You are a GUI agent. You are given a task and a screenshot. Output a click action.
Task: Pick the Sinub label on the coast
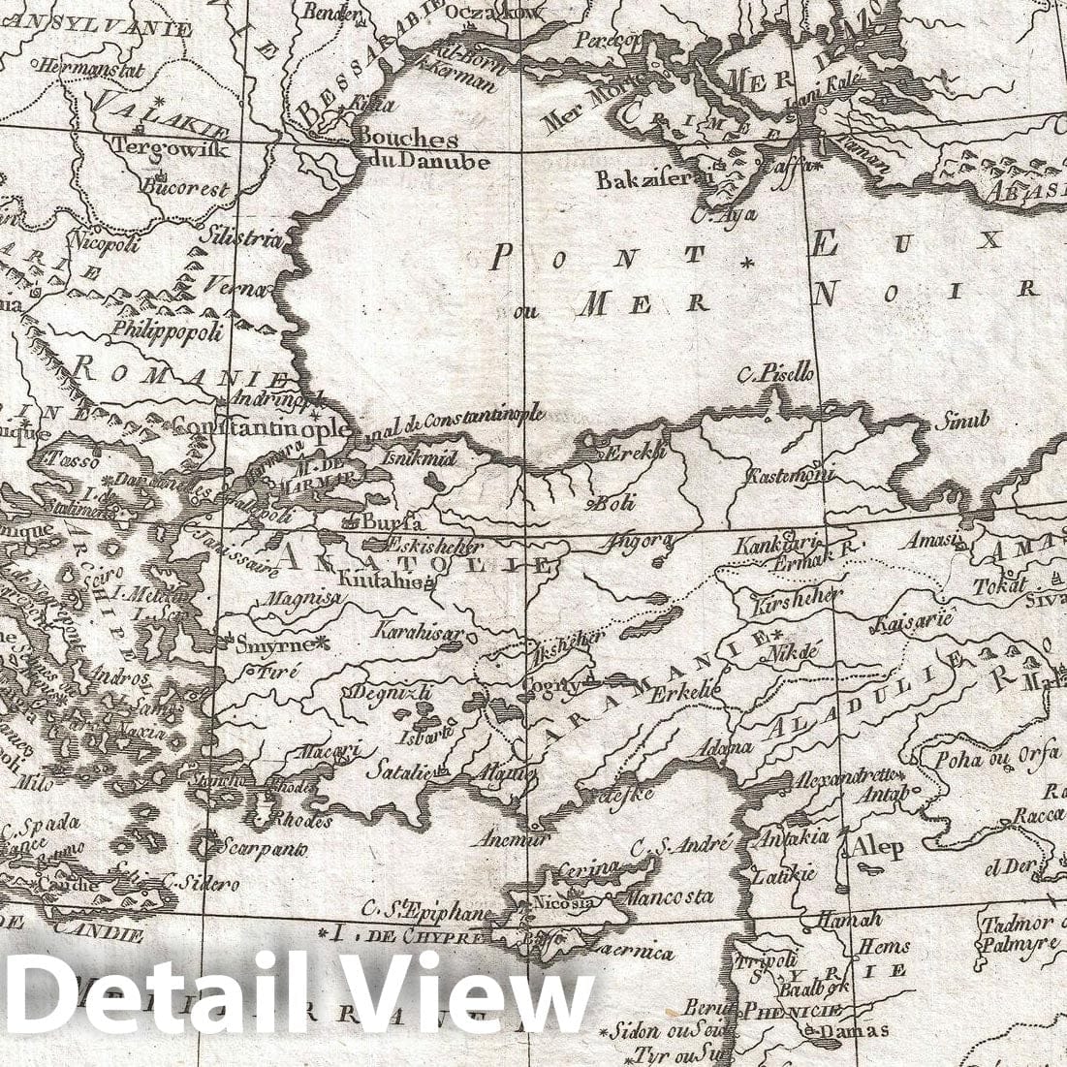pyautogui.click(x=961, y=421)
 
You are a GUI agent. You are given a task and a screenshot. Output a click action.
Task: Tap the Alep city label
pyautogui.click(x=878, y=847)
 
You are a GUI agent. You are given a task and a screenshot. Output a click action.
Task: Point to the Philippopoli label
pyautogui.click(x=168, y=330)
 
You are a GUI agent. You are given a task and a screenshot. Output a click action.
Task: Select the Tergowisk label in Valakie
pyautogui.click(x=171, y=148)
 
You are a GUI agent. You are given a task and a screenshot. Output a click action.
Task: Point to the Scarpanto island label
pyautogui.click(x=271, y=848)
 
